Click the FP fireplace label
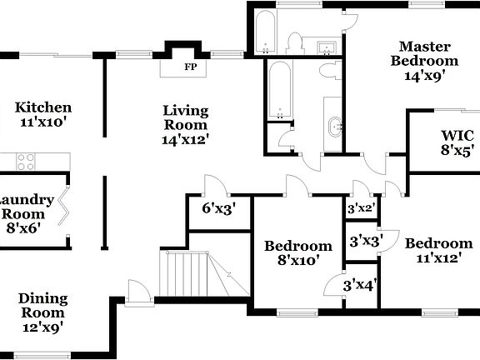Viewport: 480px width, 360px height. click(x=190, y=67)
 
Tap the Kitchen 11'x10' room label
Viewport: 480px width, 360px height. click(x=43, y=115)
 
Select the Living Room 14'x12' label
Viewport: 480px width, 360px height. click(x=185, y=124)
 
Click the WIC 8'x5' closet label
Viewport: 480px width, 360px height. click(x=457, y=143)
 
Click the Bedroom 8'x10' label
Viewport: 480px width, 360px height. click(x=297, y=253)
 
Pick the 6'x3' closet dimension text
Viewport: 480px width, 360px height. click(x=218, y=208)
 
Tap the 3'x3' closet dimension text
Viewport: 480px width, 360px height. click(x=365, y=242)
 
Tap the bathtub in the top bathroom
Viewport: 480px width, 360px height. click(x=269, y=32)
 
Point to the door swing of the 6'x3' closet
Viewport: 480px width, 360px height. click(x=215, y=185)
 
